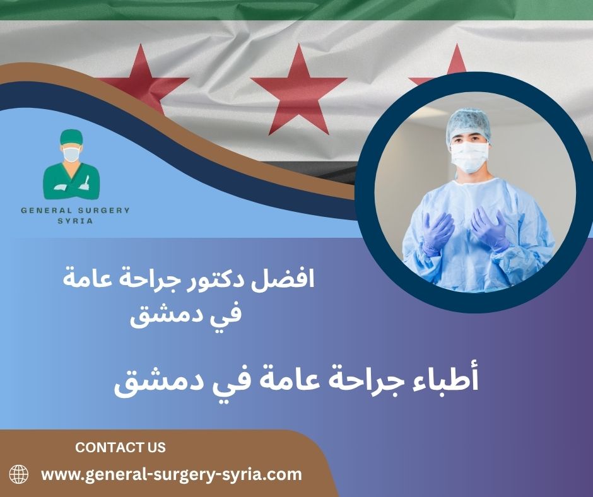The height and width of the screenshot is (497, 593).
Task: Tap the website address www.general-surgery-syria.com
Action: point(172,474)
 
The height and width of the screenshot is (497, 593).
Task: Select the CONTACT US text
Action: point(120,447)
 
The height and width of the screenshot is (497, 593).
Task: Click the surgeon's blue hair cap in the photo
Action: point(468,124)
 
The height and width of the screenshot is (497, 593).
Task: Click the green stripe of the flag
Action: point(296,9)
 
